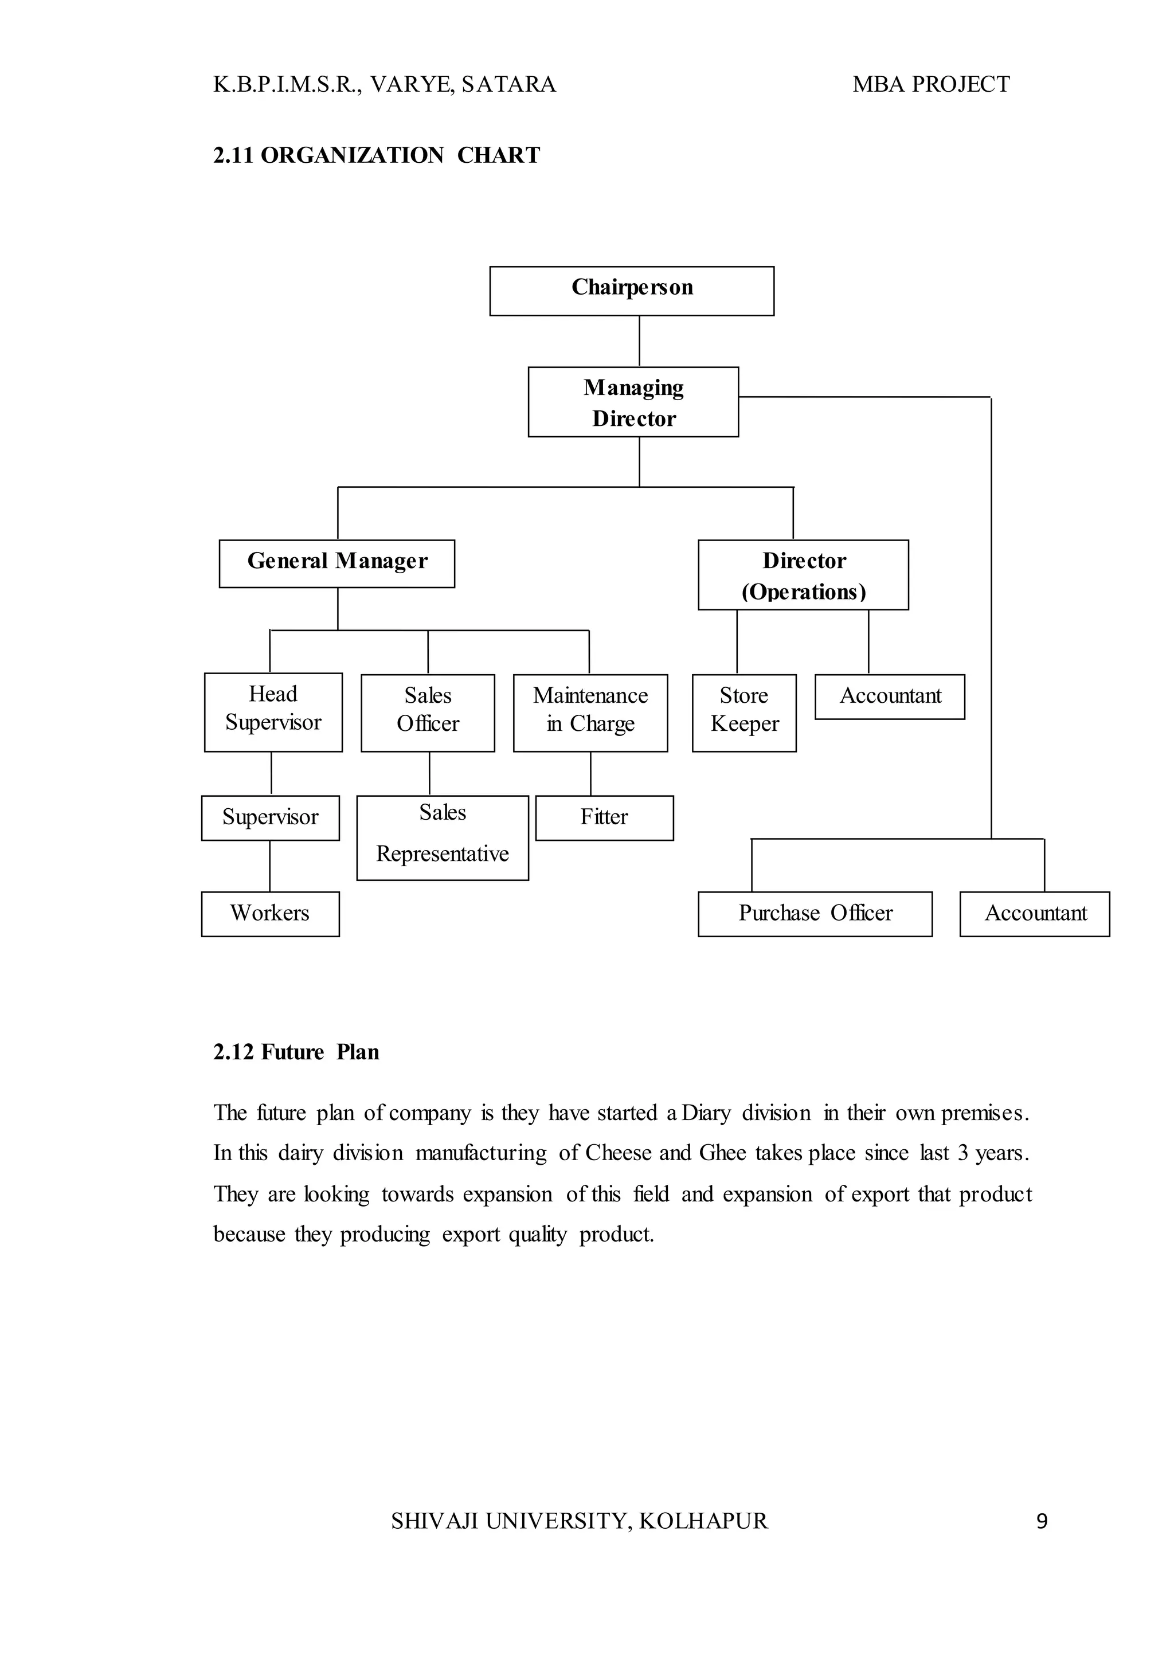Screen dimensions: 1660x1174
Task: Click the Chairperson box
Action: click(x=631, y=291)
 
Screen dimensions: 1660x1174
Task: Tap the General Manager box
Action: click(x=337, y=563)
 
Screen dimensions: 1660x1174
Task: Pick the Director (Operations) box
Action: click(x=803, y=575)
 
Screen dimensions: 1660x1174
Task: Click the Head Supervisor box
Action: click(x=273, y=711)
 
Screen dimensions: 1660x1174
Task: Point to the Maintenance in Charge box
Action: click(x=590, y=713)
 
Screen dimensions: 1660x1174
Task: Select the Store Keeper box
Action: click(x=744, y=713)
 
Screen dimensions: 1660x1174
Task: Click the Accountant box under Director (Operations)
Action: click(x=889, y=696)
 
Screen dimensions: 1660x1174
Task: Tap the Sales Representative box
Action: click(x=443, y=837)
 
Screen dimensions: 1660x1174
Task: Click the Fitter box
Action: click(x=604, y=818)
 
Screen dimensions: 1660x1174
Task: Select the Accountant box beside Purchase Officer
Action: click(x=1035, y=914)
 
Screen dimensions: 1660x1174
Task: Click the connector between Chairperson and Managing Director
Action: click(x=639, y=341)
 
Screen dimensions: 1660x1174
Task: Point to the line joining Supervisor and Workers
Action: click(x=269, y=866)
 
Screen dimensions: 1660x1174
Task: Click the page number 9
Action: click(x=1042, y=1522)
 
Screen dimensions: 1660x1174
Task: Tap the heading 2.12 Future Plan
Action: click(x=296, y=1052)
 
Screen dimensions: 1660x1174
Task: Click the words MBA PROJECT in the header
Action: click(x=930, y=85)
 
